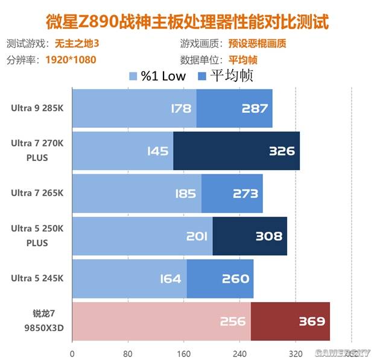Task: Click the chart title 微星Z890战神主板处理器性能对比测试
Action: (188, 22)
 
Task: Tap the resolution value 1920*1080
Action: (71, 60)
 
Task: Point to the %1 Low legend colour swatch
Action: (133, 76)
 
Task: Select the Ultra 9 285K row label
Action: (37, 109)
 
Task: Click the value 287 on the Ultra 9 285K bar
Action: (254, 109)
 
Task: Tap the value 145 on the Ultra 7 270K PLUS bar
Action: (157, 151)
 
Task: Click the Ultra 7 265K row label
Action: (37, 193)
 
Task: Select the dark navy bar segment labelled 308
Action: (250, 236)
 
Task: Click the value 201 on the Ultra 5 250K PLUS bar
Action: (197, 236)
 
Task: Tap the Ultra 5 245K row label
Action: (37, 278)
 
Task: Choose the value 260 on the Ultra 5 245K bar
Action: (235, 279)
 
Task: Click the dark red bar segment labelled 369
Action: (290, 321)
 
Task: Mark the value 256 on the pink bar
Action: (232, 321)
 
